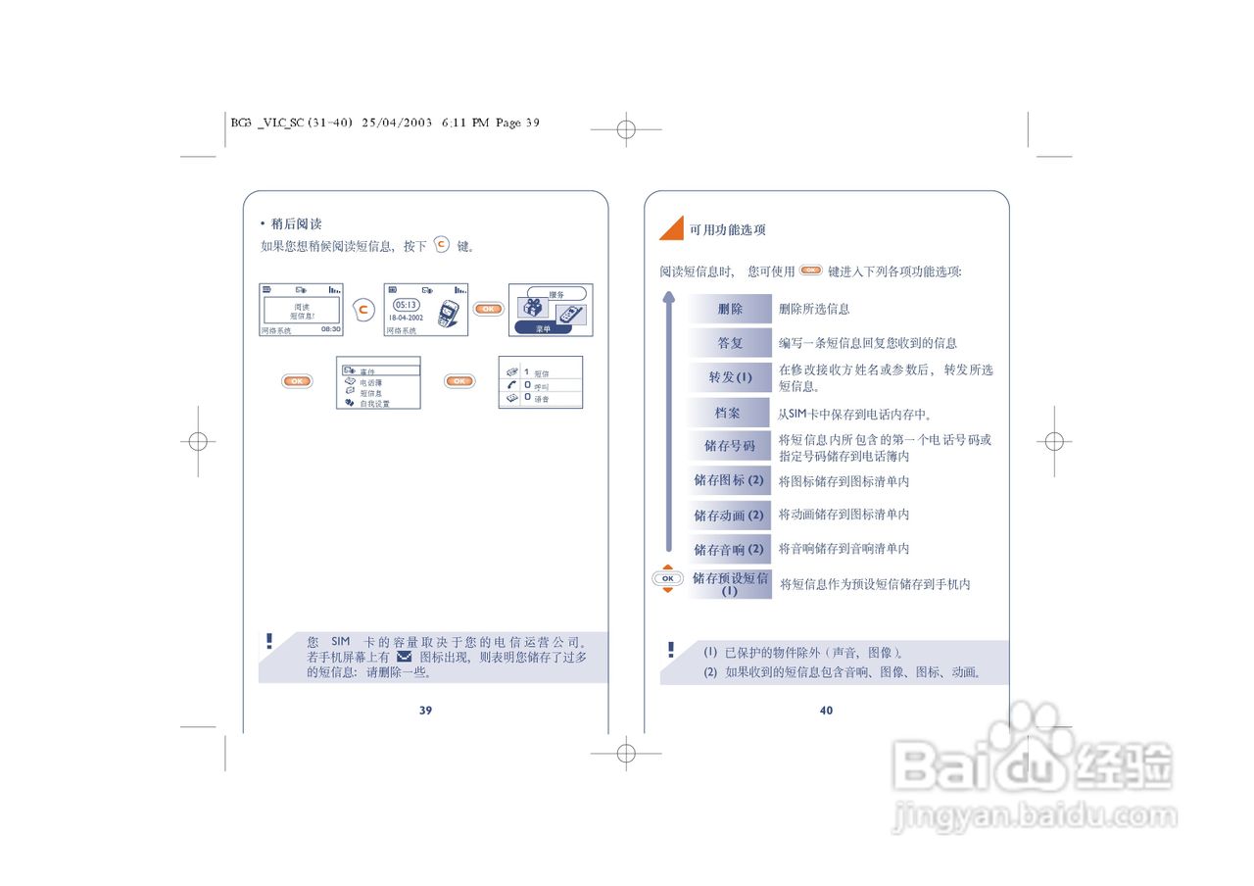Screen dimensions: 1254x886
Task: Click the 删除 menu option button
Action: coord(730,309)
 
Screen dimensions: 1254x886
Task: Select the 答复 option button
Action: coord(730,343)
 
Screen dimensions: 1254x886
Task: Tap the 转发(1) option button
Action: coord(730,377)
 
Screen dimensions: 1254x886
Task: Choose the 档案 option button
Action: coord(728,414)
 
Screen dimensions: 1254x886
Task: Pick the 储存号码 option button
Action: coord(730,446)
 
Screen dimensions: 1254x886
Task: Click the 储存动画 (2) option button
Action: coord(729,516)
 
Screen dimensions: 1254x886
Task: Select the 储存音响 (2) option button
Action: coord(729,550)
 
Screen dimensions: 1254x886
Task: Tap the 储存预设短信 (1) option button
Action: coord(730,584)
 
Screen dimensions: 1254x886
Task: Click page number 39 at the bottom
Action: coord(425,711)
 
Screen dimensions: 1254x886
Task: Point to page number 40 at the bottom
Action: coord(826,711)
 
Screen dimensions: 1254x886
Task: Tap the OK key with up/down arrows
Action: coord(668,579)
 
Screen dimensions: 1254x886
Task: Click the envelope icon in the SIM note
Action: coord(404,657)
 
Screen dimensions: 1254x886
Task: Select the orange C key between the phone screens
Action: coord(363,310)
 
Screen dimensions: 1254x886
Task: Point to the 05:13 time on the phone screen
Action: coord(407,305)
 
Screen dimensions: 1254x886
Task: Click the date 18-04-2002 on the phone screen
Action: coord(407,319)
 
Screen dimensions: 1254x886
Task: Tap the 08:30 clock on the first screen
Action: coord(330,329)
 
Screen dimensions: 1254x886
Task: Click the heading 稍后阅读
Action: coord(296,224)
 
